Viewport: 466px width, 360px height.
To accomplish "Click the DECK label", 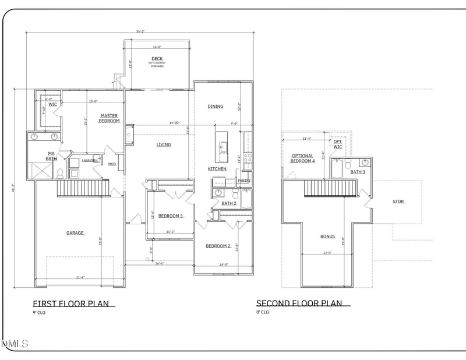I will coord(157,58).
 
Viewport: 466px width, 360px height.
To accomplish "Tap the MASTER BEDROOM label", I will coord(109,118).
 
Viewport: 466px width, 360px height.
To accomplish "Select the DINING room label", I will coord(216,107).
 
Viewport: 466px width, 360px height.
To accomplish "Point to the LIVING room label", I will coord(164,144).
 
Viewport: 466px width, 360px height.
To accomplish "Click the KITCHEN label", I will coord(217,169).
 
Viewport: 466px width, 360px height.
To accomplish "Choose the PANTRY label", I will coord(244,181).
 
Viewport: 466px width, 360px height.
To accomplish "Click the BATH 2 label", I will coord(229,203).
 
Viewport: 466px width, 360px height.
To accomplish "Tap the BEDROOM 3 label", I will coord(171,216).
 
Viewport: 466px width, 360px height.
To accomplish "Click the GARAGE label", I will coord(75,233).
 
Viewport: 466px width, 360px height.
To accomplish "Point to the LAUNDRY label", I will coord(89,161).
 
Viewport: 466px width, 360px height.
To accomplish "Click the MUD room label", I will coord(112,164).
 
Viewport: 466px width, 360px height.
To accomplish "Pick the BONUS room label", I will coord(327,237).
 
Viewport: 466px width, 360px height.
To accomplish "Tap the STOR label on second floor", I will coord(398,202).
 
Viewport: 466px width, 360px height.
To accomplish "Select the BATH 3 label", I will coord(358,172).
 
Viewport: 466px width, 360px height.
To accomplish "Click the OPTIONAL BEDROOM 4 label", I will coord(302,158).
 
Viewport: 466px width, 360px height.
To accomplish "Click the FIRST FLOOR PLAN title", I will coord(73,303).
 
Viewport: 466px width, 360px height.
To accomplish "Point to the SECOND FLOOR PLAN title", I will coord(303,303).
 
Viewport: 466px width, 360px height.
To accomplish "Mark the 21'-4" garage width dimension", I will coord(80,277).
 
